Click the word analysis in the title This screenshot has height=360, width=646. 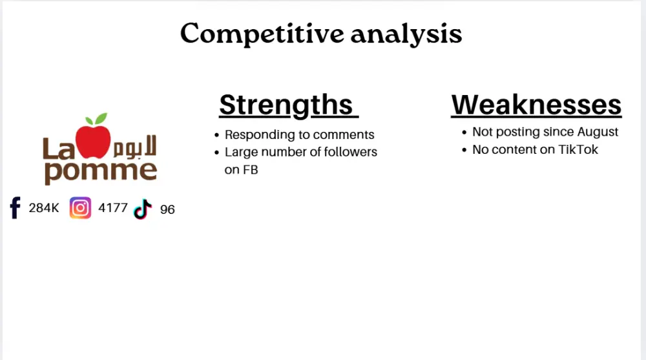pos(406,34)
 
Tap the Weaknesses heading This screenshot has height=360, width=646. pos(536,105)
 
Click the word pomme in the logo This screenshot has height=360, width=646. pos(101,171)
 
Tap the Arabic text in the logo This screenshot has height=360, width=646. pos(136,147)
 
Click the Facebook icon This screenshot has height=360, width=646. pos(16,208)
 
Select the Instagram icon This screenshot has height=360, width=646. pos(80,208)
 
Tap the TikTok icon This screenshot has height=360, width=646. pos(142,209)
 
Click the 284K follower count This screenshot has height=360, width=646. pos(44,208)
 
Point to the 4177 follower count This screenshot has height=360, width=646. pos(113,208)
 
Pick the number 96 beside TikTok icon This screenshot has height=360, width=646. pos(167,209)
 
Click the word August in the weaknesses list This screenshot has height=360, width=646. pos(596,132)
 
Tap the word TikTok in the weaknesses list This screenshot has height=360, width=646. pos(578,149)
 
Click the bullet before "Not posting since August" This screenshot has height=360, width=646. pos(464,132)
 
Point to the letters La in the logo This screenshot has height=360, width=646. pos(58,149)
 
